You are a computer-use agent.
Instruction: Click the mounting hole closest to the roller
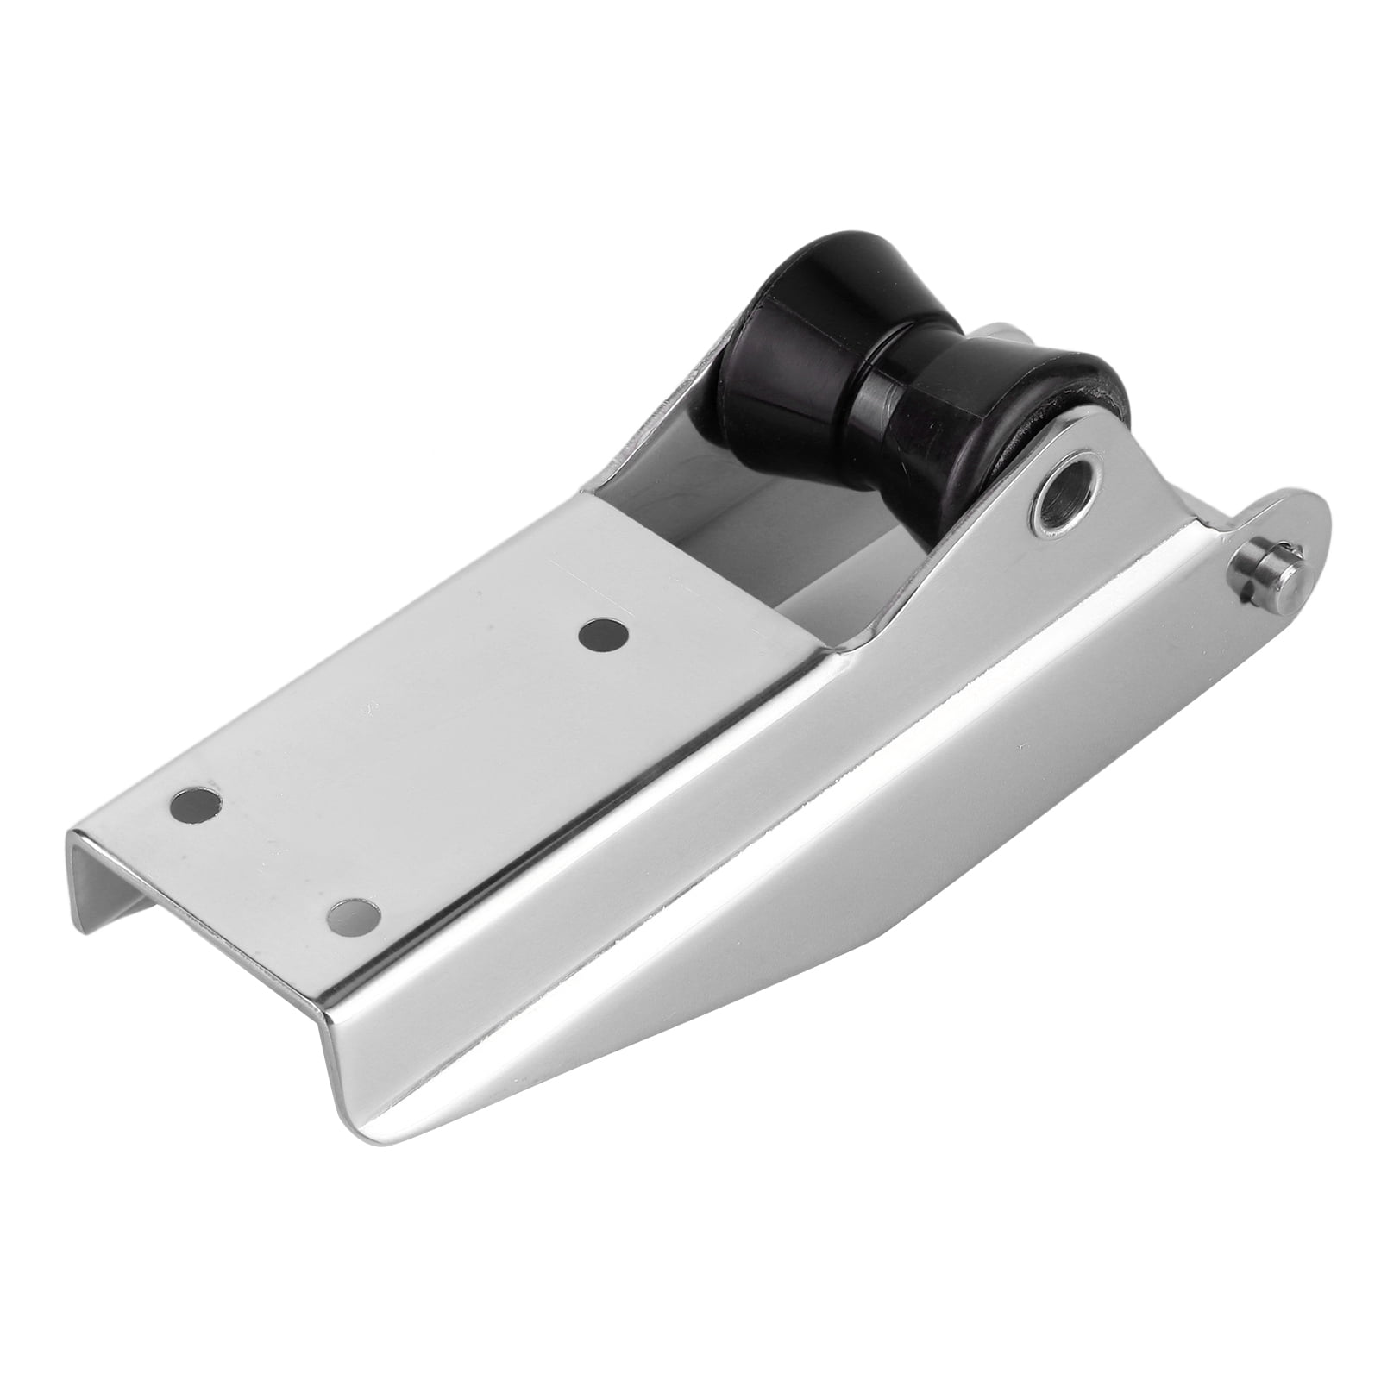click(x=603, y=637)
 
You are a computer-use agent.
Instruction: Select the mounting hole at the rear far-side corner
click(x=196, y=805)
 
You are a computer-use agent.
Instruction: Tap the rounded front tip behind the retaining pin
click(x=1294, y=526)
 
